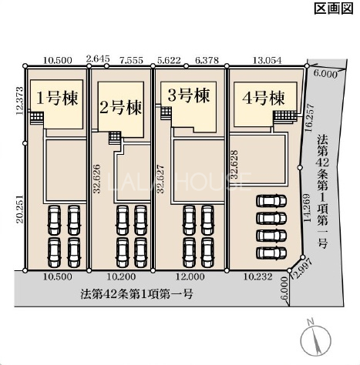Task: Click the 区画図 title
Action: coord(334,8)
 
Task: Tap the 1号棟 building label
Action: coord(57,99)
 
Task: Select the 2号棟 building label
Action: coord(120,108)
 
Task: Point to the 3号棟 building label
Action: coord(188,95)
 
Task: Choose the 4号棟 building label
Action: coord(264,98)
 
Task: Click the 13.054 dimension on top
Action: coord(267,61)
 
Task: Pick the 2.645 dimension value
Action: coord(98,59)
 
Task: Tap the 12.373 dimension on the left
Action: coord(19,101)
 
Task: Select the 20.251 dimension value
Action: coord(20,209)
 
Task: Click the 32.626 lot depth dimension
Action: coord(96,179)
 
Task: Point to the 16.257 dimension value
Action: coord(309,118)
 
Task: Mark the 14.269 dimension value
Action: coord(307,207)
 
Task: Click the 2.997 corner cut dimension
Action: coord(303,269)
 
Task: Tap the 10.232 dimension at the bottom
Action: coord(257,276)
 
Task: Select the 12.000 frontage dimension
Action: coord(190,276)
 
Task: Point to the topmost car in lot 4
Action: coord(271,201)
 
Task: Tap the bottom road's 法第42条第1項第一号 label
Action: coord(136,293)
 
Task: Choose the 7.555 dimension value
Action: coord(131,61)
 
